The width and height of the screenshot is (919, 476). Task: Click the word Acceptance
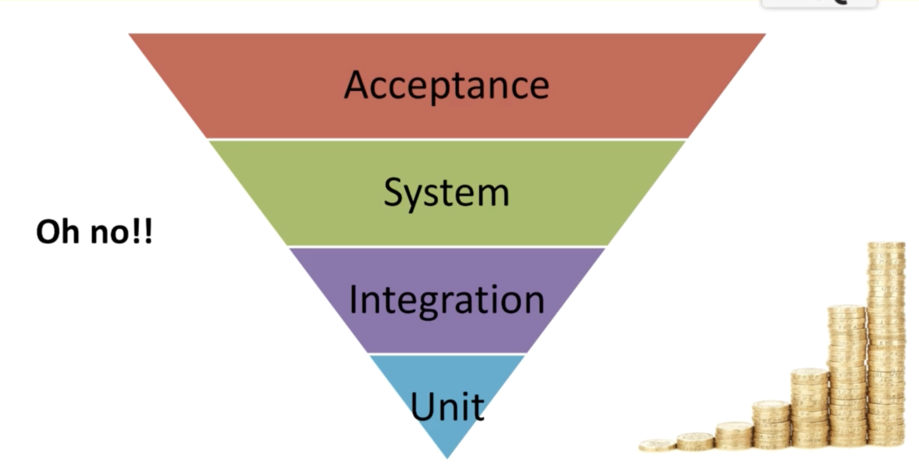[447, 85]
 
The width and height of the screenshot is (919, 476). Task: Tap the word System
[446, 193]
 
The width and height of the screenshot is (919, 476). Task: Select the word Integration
[447, 300]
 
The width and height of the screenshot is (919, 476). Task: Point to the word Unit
[447, 407]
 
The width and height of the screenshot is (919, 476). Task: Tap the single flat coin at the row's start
[657, 445]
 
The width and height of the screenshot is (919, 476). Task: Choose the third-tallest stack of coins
[809, 408]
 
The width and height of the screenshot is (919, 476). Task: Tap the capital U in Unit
[424, 406]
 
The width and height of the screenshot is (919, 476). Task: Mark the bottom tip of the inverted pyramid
[447, 457]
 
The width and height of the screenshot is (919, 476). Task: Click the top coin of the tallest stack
[886, 246]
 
